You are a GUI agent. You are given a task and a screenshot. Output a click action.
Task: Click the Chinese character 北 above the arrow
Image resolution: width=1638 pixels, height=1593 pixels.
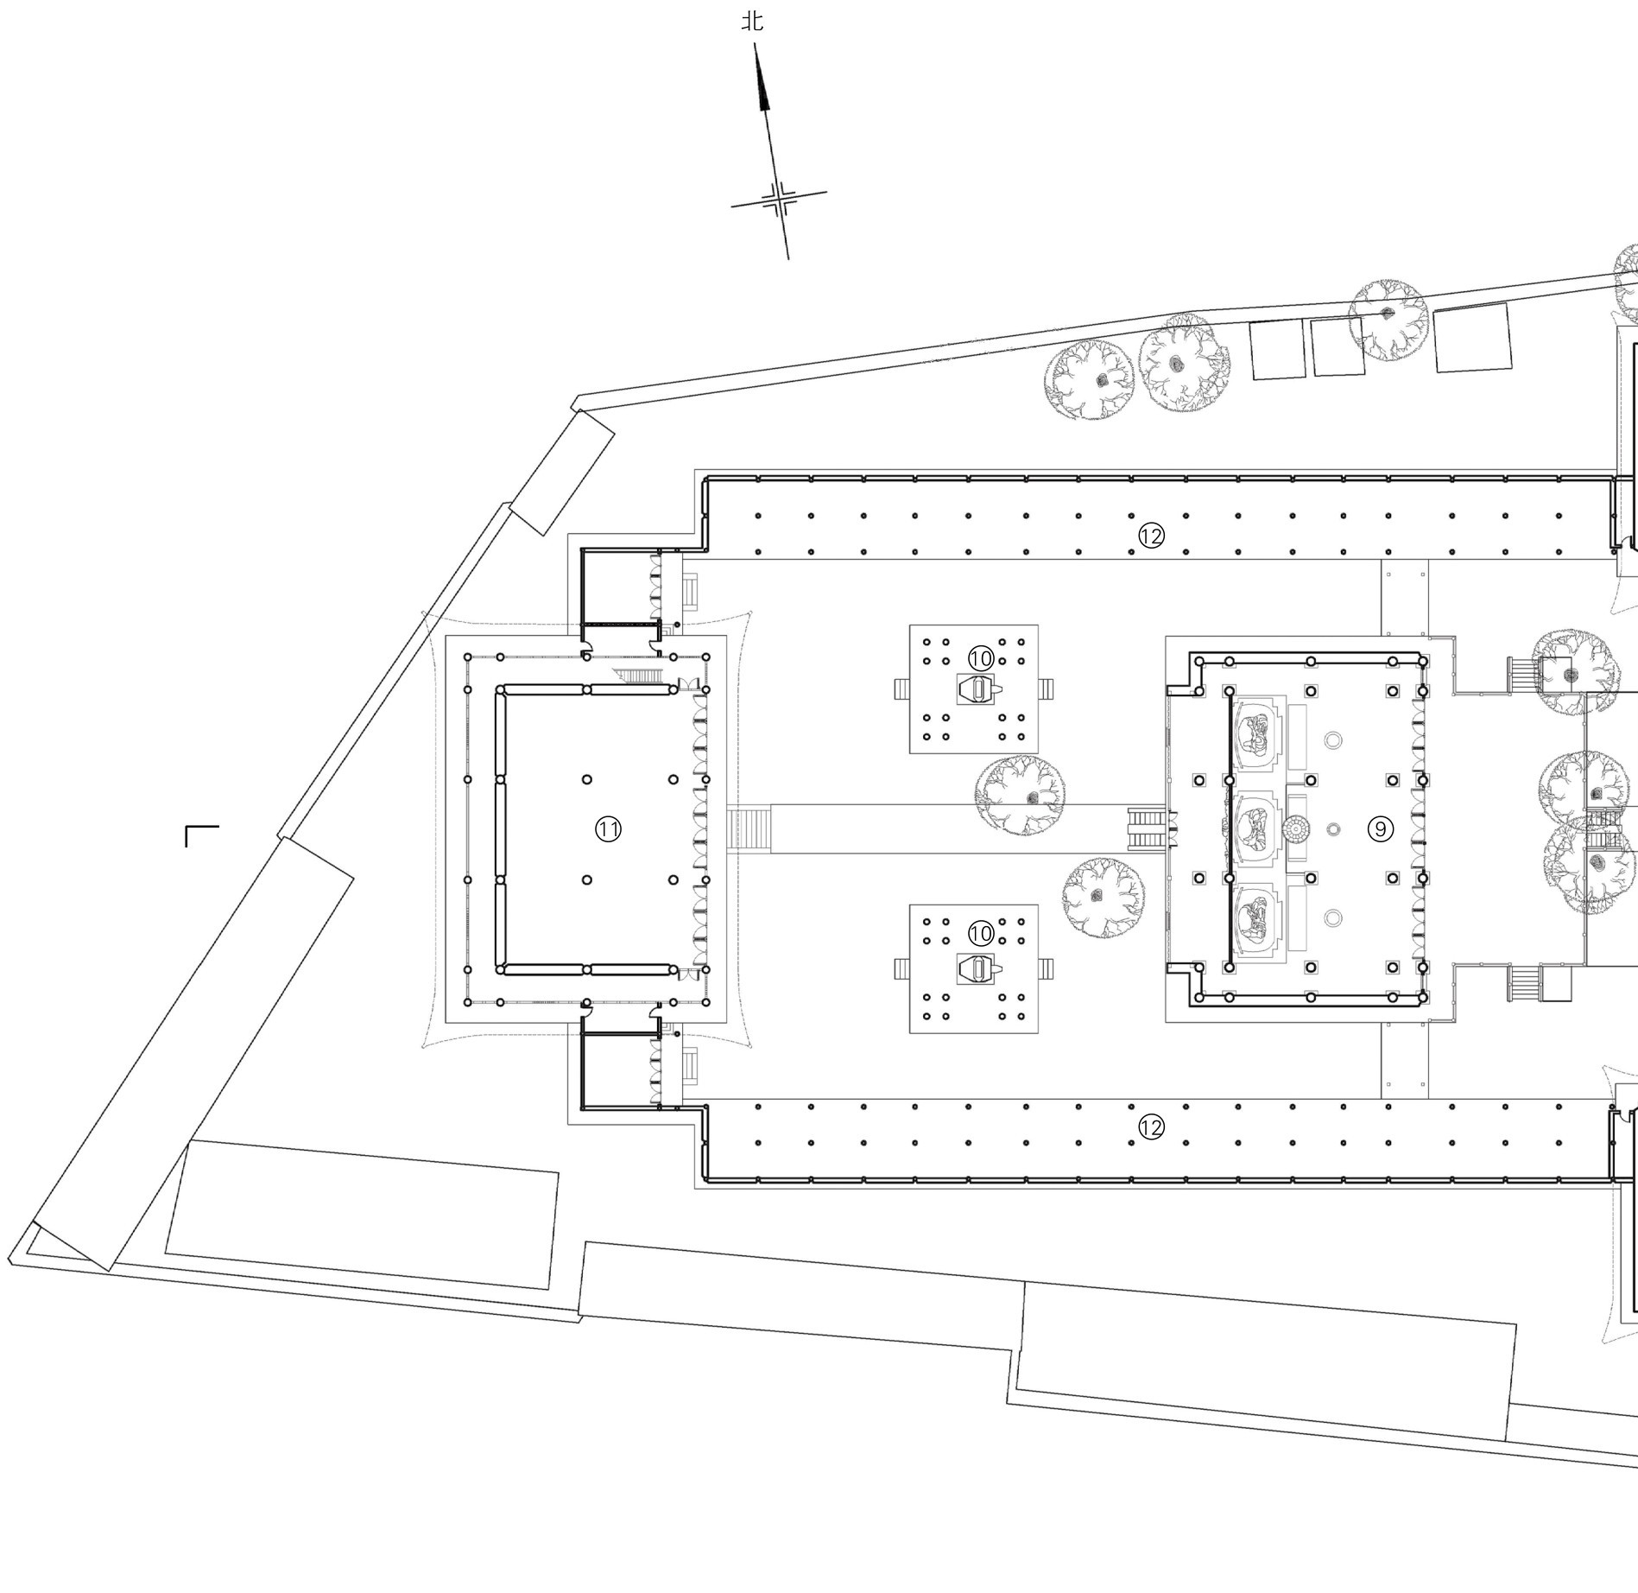(x=752, y=21)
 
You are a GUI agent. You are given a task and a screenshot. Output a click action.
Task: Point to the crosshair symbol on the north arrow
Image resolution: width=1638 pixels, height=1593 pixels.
(x=780, y=200)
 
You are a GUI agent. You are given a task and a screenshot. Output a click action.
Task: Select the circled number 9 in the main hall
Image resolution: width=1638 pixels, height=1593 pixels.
(x=1381, y=829)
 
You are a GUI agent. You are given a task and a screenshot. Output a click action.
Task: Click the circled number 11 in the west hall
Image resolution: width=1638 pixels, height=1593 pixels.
(x=608, y=829)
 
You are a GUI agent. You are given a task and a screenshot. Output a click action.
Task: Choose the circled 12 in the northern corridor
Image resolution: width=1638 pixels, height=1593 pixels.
(x=1151, y=536)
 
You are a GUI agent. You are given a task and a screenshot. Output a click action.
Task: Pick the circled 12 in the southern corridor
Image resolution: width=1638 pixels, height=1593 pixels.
(x=1151, y=1127)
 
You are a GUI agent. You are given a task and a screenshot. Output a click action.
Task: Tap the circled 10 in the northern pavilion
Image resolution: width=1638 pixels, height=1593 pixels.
(x=981, y=658)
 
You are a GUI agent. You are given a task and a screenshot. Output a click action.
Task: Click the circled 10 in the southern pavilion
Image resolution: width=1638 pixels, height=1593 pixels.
(x=981, y=933)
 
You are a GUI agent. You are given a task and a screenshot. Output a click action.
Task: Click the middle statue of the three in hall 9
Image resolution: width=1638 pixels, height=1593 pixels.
(x=1255, y=828)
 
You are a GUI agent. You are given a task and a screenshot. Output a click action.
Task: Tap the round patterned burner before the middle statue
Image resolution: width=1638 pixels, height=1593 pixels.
(x=1294, y=829)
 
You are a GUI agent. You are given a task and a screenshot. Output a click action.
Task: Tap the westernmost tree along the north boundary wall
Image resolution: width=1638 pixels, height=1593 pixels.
(x=1089, y=380)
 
